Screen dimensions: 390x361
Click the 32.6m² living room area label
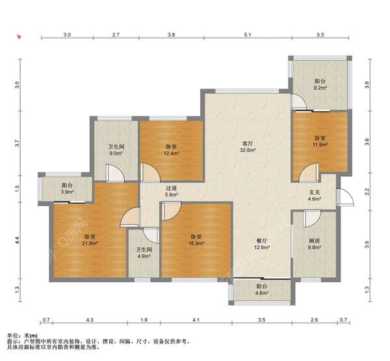point(248,150)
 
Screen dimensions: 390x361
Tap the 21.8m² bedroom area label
point(90,243)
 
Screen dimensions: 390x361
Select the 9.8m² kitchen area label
point(315,247)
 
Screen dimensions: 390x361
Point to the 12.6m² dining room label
point(262,247)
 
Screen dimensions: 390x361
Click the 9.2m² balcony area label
point(320,88)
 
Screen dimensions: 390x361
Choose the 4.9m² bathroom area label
point(144,256)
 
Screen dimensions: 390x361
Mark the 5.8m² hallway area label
point(172,195)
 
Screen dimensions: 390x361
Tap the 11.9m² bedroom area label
point(320,144)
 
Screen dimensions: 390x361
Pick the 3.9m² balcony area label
point(67,192)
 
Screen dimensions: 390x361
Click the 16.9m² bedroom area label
point(196,243)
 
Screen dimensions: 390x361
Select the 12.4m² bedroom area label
point(172,154)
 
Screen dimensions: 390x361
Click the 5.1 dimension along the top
point(248,34)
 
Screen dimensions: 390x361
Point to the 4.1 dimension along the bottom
point(196,320)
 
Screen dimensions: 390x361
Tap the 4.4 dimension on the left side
point(17,240)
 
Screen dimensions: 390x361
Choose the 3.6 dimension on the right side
point(367,142)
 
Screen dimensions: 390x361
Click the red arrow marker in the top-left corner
point(19,37)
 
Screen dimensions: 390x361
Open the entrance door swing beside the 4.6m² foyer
point(346,197)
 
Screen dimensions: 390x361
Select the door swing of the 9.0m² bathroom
point(114,172)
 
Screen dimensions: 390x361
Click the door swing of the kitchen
point(312,219)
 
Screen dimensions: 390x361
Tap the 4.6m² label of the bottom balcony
point(262,293)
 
